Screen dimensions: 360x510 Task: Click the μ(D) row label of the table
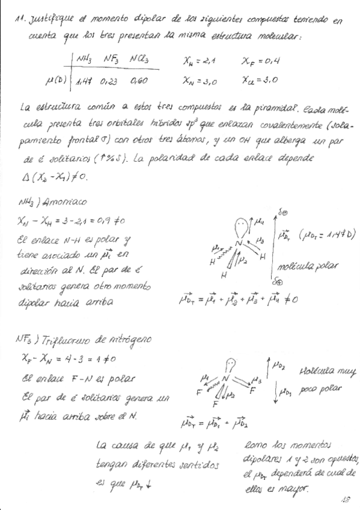pos(48,78)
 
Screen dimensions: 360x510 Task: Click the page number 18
pos(344,499)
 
